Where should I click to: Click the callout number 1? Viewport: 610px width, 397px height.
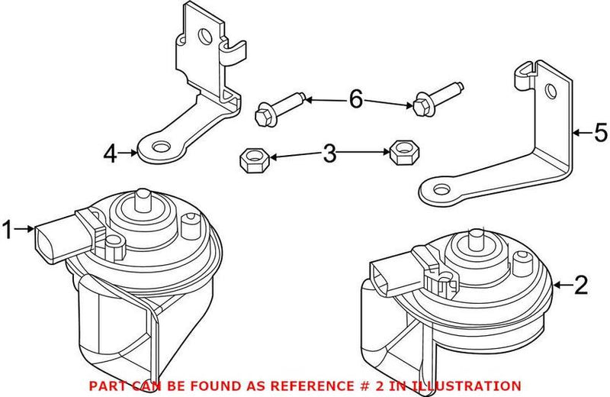pyautogui.click(x=9, y=228)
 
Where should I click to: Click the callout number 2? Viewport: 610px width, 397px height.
pyautogui.click(x=581, y=286)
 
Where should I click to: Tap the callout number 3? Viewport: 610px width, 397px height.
pyautogui.click(x=329, y=154)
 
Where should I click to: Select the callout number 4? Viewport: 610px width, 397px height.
pyautogui.click(x=111, y=154)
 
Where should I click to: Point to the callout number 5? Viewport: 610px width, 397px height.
pyautogui.click(x=601, y=133)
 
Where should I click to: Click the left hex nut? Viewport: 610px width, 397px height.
pyautogui.click(x=252, y=160)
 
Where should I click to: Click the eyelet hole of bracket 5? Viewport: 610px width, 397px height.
pyautogui.click(x=439, y=189)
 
